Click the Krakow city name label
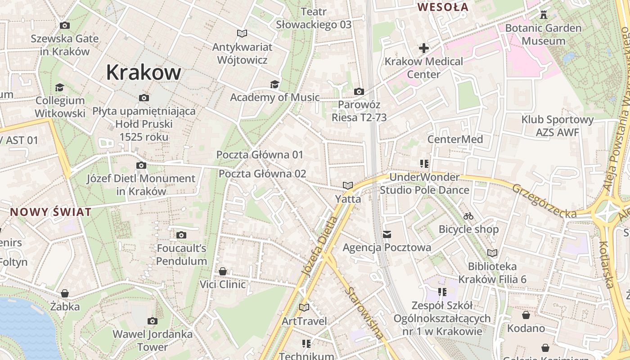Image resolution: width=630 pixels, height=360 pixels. pos(144,72)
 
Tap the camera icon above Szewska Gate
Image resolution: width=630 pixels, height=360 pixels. pos(64,26)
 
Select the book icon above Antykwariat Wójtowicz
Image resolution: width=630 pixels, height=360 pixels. pos(242,34)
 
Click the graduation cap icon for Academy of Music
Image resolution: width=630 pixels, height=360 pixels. pos(274,84)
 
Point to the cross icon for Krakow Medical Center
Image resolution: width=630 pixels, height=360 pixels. pos(423,48)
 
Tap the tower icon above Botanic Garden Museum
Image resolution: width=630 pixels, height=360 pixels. pos(544,15)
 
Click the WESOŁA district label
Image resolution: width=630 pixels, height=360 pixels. pos(443,7)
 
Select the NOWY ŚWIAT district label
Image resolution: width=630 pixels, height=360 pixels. pos(51,212)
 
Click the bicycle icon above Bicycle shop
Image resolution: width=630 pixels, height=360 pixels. pos(468,216)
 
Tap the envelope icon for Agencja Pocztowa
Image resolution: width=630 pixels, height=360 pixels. pos(387,234)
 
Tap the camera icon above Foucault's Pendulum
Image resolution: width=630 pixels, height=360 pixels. pos(181,235)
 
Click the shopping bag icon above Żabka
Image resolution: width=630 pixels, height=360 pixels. pos(65,294)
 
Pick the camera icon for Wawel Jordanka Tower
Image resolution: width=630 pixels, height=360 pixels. pos(153,321)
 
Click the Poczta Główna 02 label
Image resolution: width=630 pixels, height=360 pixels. pos(262,174)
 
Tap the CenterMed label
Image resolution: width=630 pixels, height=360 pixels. pos(455,139)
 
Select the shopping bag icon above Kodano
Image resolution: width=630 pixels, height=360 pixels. pos(526,315)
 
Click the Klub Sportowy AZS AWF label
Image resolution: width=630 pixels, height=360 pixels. pos(558,126)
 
